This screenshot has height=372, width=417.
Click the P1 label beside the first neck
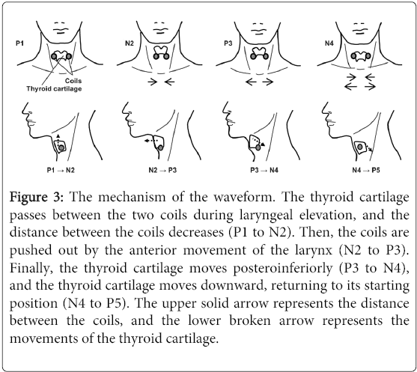point(19,43)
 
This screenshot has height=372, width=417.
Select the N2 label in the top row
point(130,43)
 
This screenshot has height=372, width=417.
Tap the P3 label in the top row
point(228,43)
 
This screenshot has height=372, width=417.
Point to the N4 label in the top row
point(329,43)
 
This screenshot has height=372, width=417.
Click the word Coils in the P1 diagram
point(73,81)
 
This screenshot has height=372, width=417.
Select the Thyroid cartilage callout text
point(54,88)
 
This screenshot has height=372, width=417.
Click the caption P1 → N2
point(61,170)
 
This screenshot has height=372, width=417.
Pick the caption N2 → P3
point(162,170)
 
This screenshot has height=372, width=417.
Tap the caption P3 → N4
point(264,170)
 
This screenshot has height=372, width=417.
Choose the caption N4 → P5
point(366,170)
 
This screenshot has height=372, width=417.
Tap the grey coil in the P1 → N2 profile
point(61,148)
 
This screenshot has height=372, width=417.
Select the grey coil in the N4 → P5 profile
point(360,147)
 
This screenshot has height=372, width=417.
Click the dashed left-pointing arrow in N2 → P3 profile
point(150,141)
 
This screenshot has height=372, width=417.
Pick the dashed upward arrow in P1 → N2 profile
point(58,139)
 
